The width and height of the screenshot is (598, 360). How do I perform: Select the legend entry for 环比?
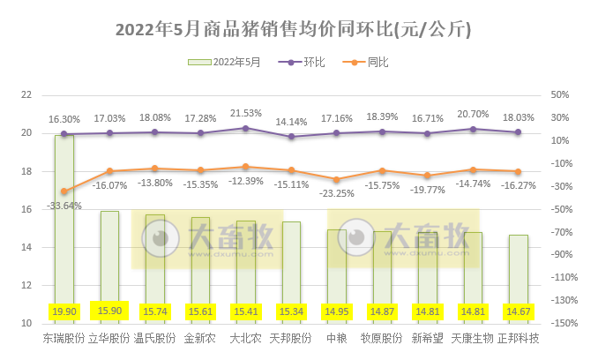coord(305,63)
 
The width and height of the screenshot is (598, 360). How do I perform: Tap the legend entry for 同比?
coord(369,63)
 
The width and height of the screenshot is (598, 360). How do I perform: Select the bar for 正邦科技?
coord(519,274)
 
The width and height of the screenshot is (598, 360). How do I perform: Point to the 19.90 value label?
coord(64,311)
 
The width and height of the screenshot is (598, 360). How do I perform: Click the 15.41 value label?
coord(245,311)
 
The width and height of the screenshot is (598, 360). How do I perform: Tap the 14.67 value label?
coord(519,311)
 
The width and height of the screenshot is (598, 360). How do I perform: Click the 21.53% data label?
coord(246,114)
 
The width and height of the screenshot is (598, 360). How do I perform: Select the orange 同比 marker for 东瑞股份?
coord(64,191)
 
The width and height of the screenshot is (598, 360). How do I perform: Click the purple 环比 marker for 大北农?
coord(245,128)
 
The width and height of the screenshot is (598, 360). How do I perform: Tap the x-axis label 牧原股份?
coord(382,339)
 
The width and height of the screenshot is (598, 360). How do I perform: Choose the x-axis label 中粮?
coord(336,339)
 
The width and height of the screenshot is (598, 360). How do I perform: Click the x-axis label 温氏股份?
coord(154,339)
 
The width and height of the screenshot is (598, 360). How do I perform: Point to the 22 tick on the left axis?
coord(26,94)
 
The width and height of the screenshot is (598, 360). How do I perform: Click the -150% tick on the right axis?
coord(562,324)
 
